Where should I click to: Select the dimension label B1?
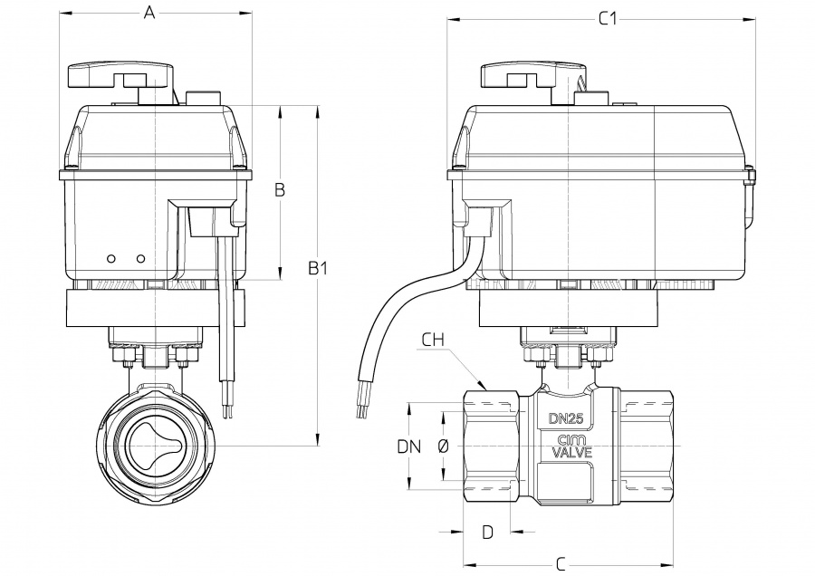[x=318, y=269]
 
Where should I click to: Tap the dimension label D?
[x=487, y=532]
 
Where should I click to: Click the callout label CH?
[x=434, y=340]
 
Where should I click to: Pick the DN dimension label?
[x=410, y=446]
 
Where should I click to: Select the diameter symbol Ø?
[x=443, y=446]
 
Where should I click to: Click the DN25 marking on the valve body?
[x=566, y=418]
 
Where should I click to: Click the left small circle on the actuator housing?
[x=111, y=258]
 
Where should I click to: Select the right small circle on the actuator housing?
[x=140, y=258]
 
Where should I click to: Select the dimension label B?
[x=280, y=189]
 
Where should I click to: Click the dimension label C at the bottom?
[x=561, y=564]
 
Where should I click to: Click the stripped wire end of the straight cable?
[x=226, y=412]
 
